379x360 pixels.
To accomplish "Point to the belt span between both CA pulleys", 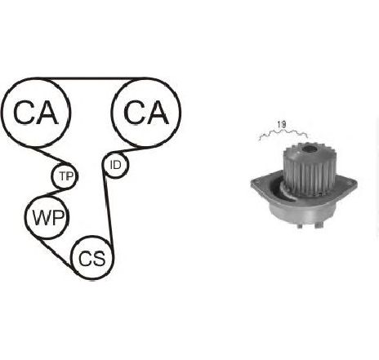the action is click(91, 78).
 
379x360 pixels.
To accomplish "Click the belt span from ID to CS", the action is click(107, 207).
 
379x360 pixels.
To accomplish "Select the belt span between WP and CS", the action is click(56, 252).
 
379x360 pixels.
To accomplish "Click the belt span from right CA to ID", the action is click(128, 150).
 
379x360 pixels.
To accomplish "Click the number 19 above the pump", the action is click(282, 125).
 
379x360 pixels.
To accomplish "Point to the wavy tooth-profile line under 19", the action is click(283, 134).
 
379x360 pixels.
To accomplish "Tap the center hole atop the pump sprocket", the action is click(309, 149).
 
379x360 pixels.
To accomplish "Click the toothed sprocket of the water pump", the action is click(310, 169).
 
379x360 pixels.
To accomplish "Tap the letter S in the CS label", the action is click(99, 259).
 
